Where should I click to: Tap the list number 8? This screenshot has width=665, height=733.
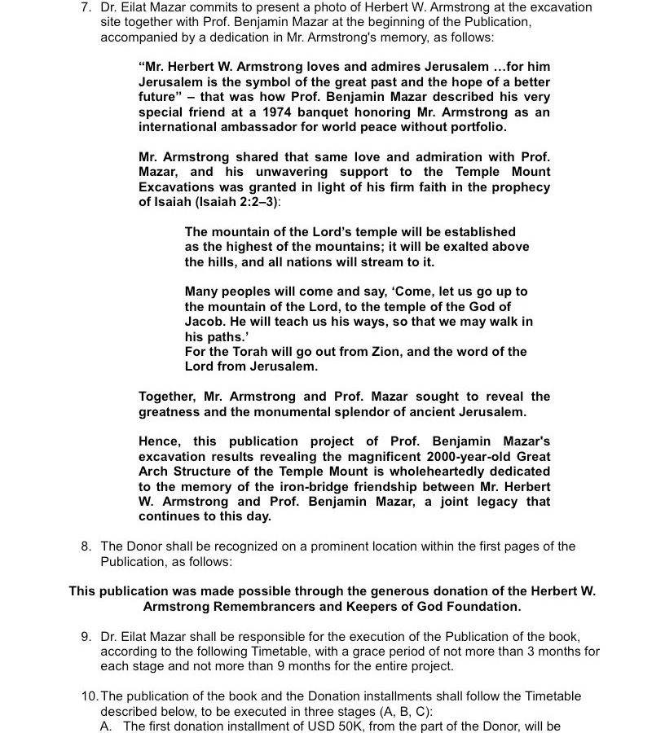pos(86,546)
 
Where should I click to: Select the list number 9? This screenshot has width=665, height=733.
pos(86,636)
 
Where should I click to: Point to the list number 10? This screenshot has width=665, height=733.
pos(89,696)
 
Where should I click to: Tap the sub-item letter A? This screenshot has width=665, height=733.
pos(107,726)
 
